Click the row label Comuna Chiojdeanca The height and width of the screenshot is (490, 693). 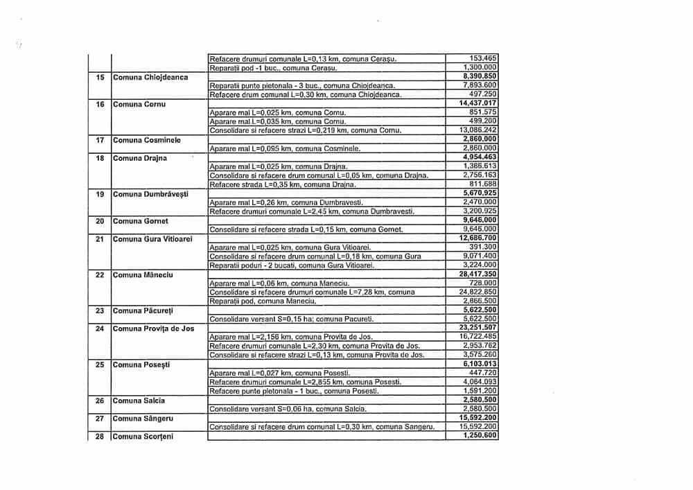[x=150, y=77]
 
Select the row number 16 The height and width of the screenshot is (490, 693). [x=100, y=104]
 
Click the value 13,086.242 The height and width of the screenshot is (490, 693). [x=479, y=130]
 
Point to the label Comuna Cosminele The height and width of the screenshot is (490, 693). [x=147, y=140]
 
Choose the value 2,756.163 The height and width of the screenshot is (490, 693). [x=480, y=175]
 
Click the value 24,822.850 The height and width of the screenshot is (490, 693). [x=479, y=292]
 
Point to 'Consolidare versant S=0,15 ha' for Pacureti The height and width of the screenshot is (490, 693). [x=292, y=320]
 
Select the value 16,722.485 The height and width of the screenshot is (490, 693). [x=479, y=337]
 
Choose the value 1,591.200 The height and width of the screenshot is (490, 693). [x=480, y=391]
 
